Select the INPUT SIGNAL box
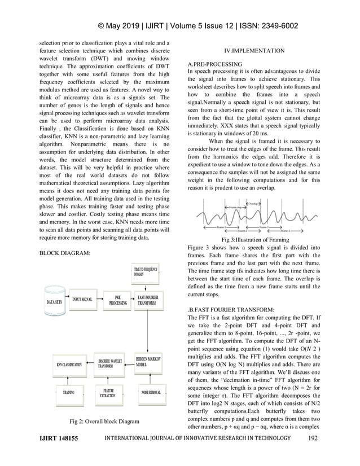pyautogui.click(x=82, y=299)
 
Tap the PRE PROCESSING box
pyautogui.click(x=117, y=300)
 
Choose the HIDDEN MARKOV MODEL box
pyautogui.click(x=148, y=362)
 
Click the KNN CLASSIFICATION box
pyautogui.click(x=69, y=364)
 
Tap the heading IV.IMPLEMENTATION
pyautogui.click(x=254, y=51)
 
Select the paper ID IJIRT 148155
pyautogui.click(x=58, y=438)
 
